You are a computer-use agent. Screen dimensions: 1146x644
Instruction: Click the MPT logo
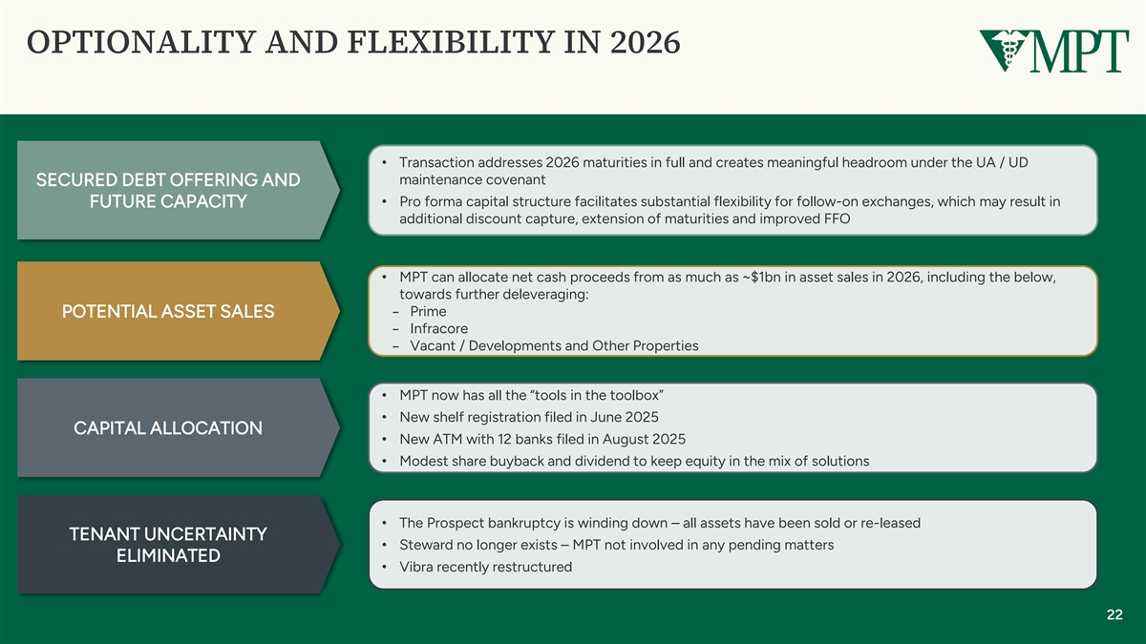pos(1054,51)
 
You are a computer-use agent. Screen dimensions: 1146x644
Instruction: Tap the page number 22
pos(1114,614)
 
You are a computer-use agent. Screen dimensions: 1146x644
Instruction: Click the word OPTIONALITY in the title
pos(141,42)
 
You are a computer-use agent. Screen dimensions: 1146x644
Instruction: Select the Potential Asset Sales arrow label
pos(178,311)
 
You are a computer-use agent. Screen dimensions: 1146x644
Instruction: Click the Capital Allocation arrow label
pos(178,427)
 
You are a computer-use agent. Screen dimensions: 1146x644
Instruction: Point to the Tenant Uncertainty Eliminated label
pos(178,545)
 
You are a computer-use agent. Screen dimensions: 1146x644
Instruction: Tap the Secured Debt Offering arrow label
pos(178,190)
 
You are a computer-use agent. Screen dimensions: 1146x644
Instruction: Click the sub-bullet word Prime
pos(428,311)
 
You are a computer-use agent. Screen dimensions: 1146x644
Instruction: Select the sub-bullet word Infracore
pos(439,328)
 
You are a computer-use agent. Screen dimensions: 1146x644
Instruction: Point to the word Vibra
pos(416,567)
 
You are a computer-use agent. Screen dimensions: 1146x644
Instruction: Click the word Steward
pos(426,545)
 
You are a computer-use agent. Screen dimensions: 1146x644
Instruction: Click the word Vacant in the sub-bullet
pos(433,346)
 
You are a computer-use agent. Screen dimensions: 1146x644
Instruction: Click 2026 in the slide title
pos(646,42)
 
